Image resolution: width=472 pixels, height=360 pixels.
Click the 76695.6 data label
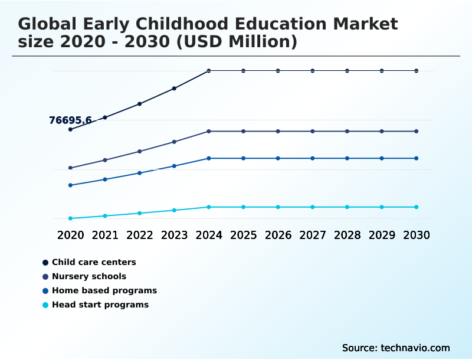pos(70,120)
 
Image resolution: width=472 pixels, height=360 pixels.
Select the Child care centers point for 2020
pos(70,129)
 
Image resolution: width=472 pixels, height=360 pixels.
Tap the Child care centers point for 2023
pos(174,89)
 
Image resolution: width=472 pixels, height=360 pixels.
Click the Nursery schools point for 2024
pos(209,131)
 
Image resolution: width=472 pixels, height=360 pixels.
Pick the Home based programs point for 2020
pos(70,185)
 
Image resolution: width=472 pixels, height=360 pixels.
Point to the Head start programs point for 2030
pos(417,207)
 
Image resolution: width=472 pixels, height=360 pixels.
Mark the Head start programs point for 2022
pos(140,213)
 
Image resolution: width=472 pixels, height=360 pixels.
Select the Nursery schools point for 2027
pos(313,131)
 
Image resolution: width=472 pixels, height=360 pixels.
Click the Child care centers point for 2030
pos(417,71)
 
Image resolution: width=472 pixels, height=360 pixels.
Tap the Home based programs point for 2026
pos(278,158)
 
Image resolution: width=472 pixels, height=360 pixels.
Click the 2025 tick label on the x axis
pos(243,235)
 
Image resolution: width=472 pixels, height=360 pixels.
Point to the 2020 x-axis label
pos(70,235)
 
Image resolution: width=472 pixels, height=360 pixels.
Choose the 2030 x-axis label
pos(417,235)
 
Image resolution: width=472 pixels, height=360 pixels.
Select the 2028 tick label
pos(348,235)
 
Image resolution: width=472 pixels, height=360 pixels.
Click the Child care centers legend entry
pos(94,262)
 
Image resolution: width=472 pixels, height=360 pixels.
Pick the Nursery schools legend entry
pos(88,276)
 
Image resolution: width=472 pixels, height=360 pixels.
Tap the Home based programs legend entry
pos(104,290)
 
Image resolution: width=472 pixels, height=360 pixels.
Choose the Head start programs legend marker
pos(45,305)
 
